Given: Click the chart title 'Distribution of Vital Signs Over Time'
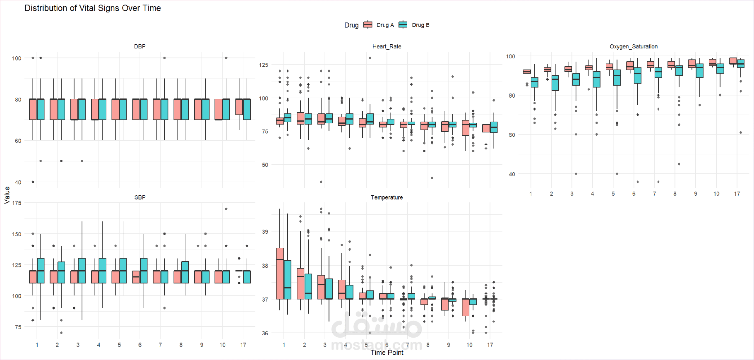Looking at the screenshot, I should tap(93, 8).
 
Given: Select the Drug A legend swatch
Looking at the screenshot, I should tap(367, 25).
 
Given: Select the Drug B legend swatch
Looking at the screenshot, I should tap(403, 25).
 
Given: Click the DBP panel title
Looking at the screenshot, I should tap(140, 46).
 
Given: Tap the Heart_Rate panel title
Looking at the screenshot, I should tap(387, 46).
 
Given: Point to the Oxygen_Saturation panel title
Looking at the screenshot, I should tap(633, 46).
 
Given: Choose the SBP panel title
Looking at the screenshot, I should tap(140, 197).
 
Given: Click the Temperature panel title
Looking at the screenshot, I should tap(387, 197).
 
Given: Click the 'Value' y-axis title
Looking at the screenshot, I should tap(7, 195).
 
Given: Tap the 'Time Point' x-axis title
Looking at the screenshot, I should tap(387, 353).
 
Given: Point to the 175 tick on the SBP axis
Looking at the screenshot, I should tap(17, 203).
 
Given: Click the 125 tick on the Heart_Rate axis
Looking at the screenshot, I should tap(264, 65).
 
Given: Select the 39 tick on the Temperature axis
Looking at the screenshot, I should tap(265, 232).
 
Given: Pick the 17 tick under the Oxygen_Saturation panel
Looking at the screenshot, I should tap(737, 194).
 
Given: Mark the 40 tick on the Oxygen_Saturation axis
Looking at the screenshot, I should tap(512, 174).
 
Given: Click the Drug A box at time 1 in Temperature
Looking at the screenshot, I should tap(280, 273).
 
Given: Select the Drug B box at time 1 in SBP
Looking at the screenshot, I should tap(41, 271).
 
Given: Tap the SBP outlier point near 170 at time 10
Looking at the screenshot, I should tap(226, 209).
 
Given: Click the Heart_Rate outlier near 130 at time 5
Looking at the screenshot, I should tap(370, 58).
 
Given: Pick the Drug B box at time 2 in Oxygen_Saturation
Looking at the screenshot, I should tap(555, 83).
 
